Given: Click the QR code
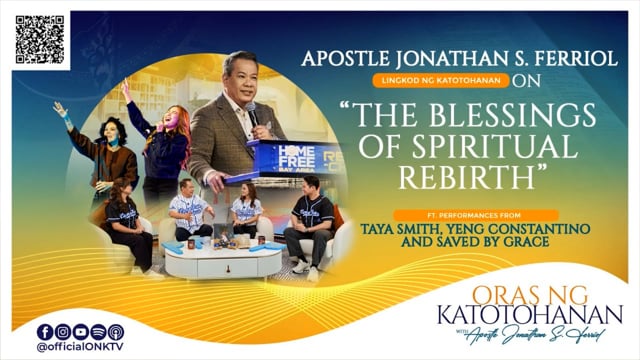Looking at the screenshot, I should pyautogui.click(x=41, y=39).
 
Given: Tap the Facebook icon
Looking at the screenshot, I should pyautogui.click(x=44, y=332).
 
